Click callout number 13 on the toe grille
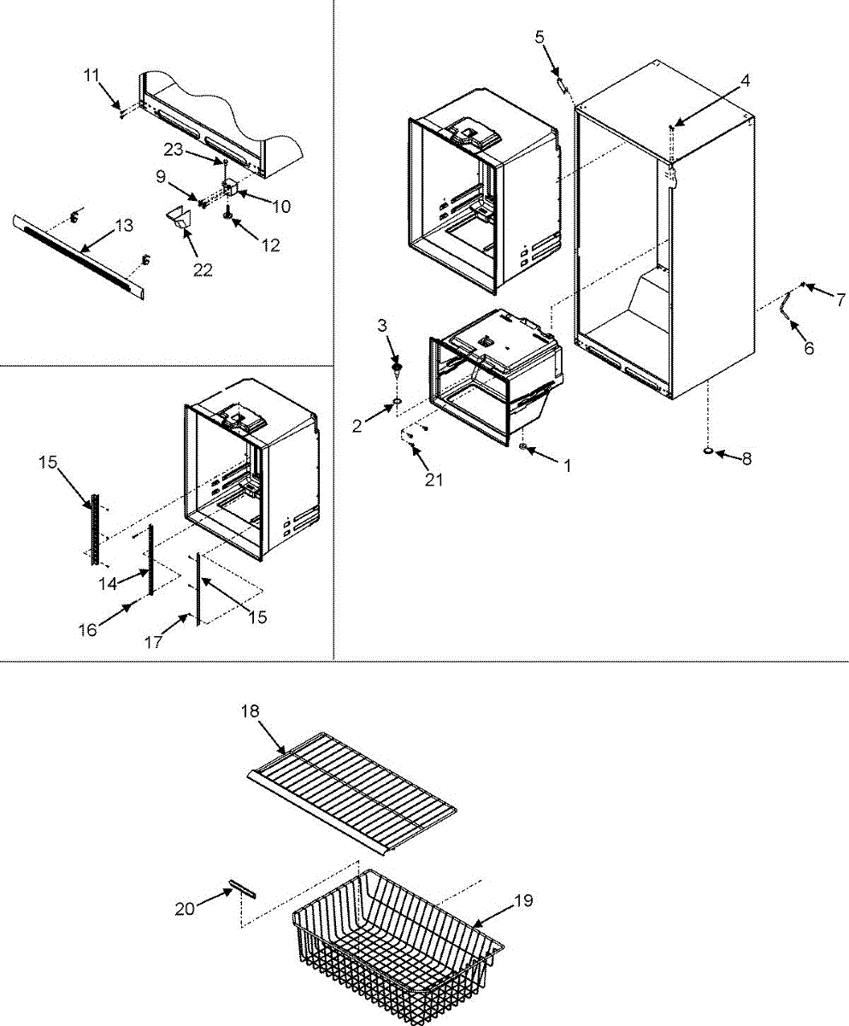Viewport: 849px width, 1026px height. pyautogui.click(x=124, y=226)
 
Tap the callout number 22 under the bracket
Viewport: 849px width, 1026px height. pyautogui.click(x=203, y=270)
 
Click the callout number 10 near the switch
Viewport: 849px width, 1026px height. pyautogui.click(x=281, y=206)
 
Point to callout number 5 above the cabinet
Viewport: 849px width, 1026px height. pyautogui.click(x=539, y=37)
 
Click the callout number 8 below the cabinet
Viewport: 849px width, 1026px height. pyautogui.click(x=746, y=458)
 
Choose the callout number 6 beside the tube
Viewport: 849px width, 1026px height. pyautogui.click(x=808, y=348)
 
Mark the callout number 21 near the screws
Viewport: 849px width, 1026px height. pyautogui.click(x=434, y=480)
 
